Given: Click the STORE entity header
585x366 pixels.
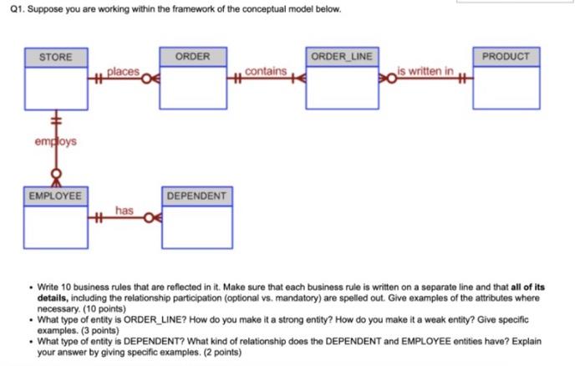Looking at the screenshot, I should tap(56, 57).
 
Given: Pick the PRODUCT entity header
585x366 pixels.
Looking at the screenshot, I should tap(506, 57).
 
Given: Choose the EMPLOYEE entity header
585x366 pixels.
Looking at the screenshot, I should tap(56, 196).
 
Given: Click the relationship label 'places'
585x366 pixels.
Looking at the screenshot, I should tap(123, 72).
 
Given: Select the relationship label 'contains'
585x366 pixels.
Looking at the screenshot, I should tap(267, 72).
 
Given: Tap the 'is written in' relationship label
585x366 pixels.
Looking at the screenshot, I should tap(425, 72).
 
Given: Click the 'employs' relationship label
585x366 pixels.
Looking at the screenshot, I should tap(55, 141).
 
